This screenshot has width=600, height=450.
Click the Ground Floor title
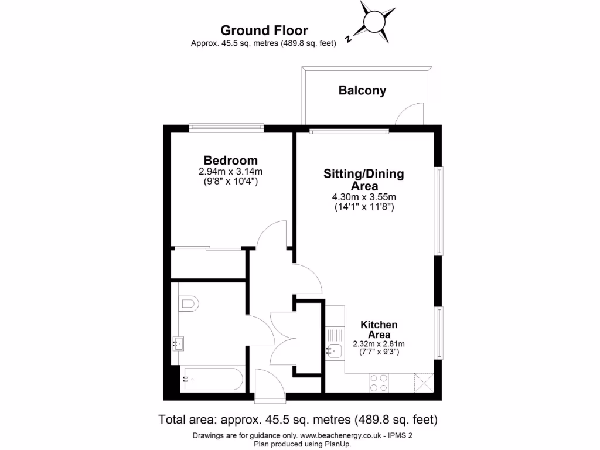tap(264, 30)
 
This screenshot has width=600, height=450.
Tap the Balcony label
tap(362, 91)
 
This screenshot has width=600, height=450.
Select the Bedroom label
tap(230, 161)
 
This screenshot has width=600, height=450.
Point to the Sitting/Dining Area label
tap(364, 180)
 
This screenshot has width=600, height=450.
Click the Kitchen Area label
tap(379, 329)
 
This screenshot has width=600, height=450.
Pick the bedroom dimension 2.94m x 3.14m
tap(230, 172)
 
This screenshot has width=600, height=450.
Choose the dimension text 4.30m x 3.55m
tap(363, 197)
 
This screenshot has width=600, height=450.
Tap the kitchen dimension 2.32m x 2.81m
tap(379, 344)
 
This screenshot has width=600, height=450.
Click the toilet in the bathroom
tap(189, 303)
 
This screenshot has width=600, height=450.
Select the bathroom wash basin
tap(179, 343)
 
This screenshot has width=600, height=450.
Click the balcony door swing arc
tap(408, 112)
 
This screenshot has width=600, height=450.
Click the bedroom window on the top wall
tap(226, 127)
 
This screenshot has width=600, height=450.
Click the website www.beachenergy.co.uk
tap(342, 436)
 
